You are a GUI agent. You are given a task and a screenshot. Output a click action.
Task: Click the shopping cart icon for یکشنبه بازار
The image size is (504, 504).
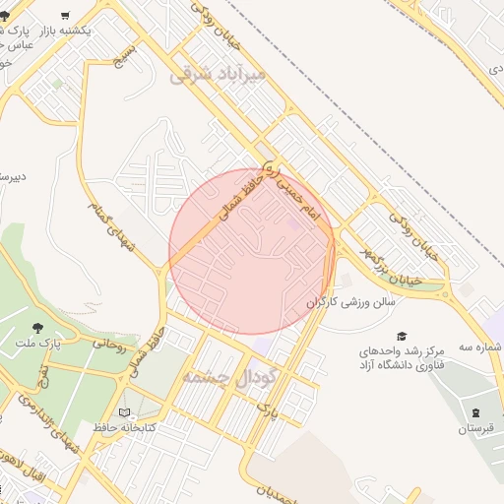pyautogui.click(x=65, y=16)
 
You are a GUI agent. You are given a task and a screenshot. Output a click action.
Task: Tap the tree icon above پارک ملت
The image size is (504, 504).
pyautogui.click(x=38, y=328)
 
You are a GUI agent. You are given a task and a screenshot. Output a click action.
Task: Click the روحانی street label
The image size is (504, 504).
pyautogui.click(x=110, y=345)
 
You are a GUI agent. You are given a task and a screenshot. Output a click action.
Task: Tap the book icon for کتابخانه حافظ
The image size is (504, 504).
pyautogui.click(x=123, y=412)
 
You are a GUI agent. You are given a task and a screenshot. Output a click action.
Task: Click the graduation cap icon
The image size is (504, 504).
pyautogui.click(x=402, y=336)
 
